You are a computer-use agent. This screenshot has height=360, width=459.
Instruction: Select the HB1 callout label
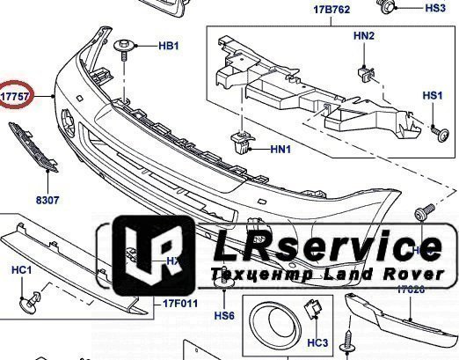[x=168, y=45]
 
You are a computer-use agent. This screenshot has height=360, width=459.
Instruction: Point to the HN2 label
[x=364, y=36]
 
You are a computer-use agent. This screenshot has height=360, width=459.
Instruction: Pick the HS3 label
[x=434, y=8]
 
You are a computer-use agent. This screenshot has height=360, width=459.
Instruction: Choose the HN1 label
[x=280, y=150]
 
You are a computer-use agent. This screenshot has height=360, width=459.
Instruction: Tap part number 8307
[x=47, y=201]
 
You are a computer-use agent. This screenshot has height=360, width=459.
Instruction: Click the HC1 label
[x=22, y=268]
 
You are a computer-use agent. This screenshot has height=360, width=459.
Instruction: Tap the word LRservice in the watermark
[x=325, y=247]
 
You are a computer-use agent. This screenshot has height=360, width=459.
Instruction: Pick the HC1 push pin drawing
[x=33, y=301]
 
